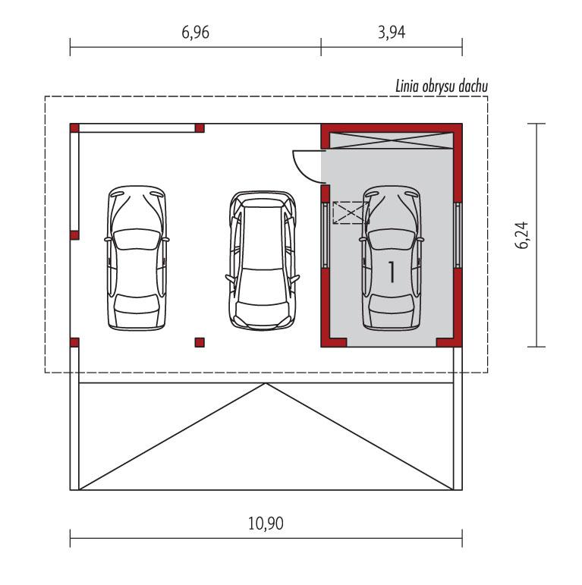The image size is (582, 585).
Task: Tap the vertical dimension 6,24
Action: [x=521, y=235]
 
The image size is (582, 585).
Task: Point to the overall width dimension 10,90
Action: [x=266, y=523]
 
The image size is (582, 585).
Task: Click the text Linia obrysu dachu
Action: [x=441, y=86]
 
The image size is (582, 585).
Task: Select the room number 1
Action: [x=392, y=271]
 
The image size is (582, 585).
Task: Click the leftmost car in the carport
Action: [x=137, y=258]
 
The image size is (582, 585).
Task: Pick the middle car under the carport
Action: [x=262, y=260]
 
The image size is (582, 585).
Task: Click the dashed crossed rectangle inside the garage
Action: [x=351, y=212]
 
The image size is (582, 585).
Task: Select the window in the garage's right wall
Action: [x=458, y=234]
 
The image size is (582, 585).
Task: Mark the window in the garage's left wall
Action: [x=326, y=234]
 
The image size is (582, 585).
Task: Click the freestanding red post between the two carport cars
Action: [x=200, y=342]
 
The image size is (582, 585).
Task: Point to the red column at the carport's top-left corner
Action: [x=74, y=127]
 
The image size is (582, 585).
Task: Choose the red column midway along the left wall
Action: [x=74, y=235]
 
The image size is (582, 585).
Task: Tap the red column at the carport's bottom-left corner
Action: [x=74, y=342]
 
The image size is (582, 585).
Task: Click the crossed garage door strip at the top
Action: [x=391, y=139]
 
